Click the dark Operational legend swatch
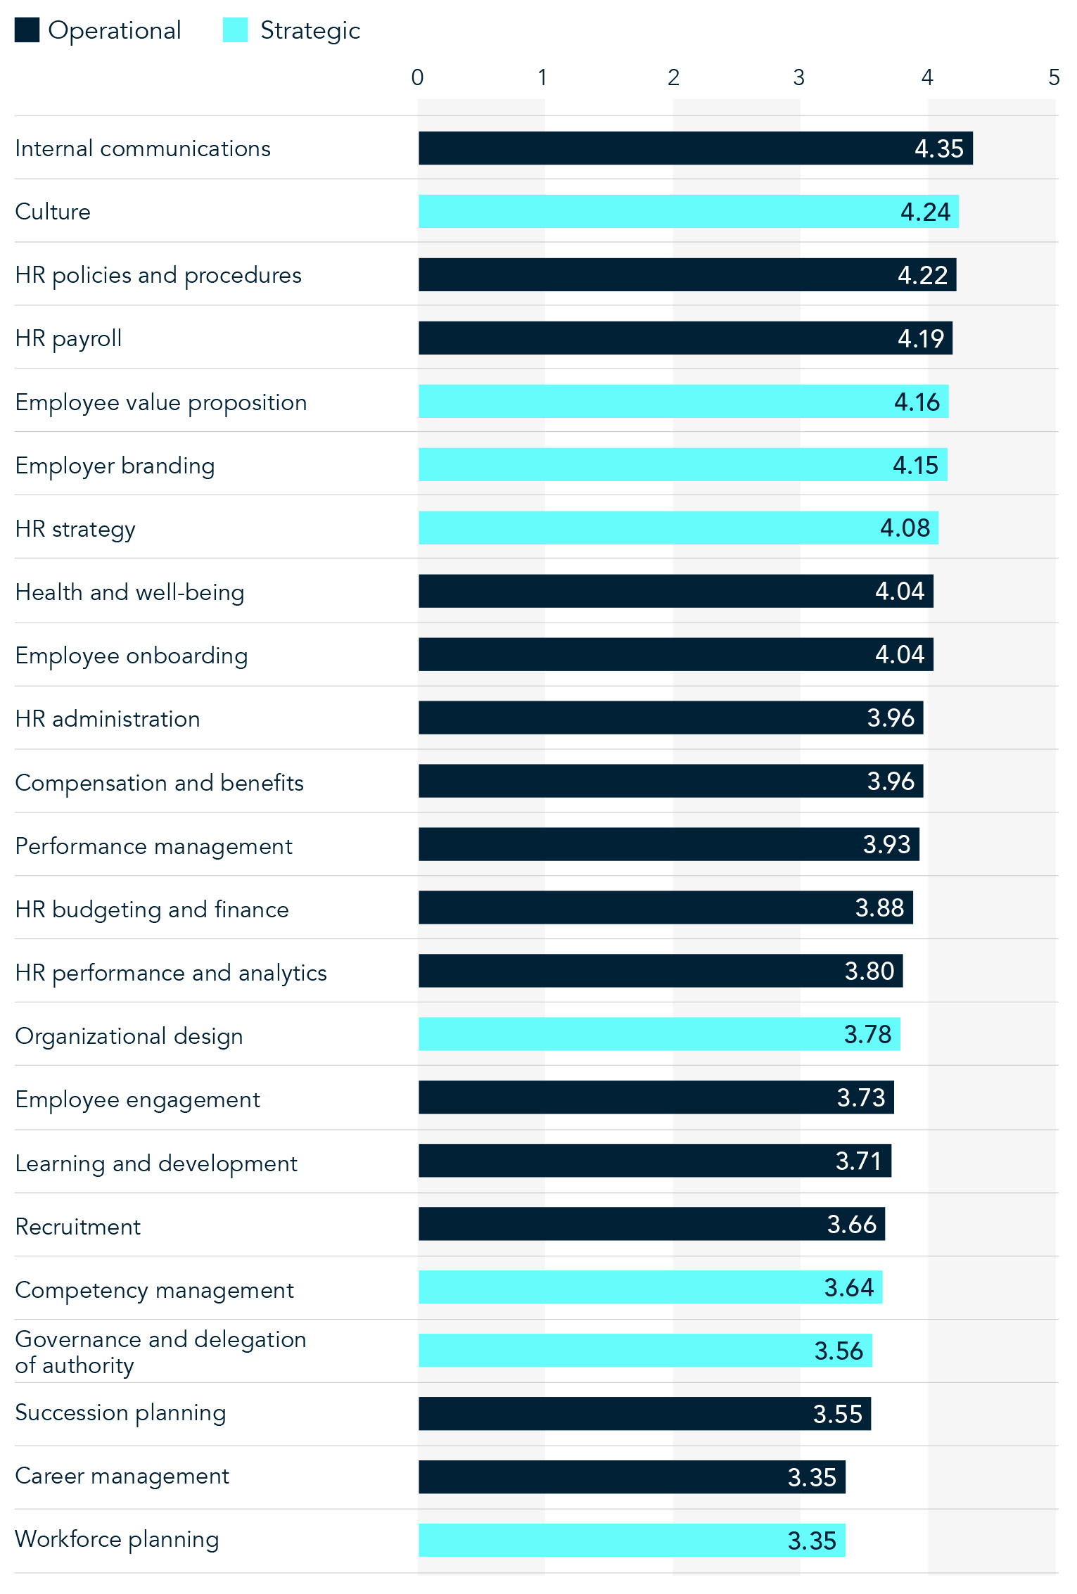point(27,30)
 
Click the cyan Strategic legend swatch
point(235,30)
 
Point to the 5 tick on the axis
point(1053,77)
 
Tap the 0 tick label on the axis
point(417,77)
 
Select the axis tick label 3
point(798,77)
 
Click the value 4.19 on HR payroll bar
point(921,338)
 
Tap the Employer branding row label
point(115,466)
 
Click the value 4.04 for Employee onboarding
point(900,655)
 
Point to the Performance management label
point(153,846)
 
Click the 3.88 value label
point(879,908)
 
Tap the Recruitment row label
point(78,1227)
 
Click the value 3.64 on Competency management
point(849,1288)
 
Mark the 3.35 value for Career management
point(812,1478)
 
